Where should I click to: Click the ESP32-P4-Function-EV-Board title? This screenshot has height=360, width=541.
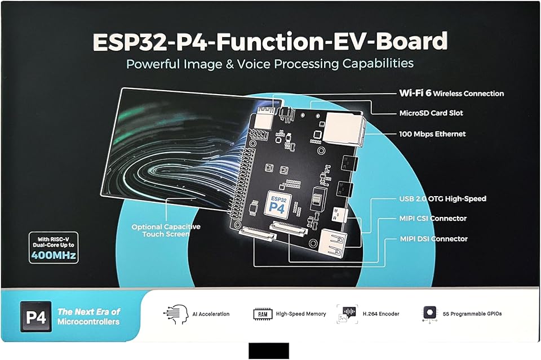click(x=269, y=41)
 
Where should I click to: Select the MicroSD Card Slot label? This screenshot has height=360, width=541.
click(x=431, y=113)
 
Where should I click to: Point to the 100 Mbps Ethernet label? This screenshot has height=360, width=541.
click(x=432, y=134)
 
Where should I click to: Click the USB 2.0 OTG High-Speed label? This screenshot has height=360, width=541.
click(x=442, y=199)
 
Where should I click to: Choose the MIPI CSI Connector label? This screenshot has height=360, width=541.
click(x=433, y=219)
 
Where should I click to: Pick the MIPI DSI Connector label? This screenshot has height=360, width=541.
click(x=433, y=239)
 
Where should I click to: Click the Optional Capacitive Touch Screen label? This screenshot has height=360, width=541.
click(x=166, y=230)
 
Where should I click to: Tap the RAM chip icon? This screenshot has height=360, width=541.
click(x=263, y=314)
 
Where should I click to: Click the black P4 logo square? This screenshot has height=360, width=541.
click(x=36, y=317)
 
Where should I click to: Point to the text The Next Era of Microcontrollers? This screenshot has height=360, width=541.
click(x=89, y=317)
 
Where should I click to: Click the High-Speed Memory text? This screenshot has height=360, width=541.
click(x=301, y=314)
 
